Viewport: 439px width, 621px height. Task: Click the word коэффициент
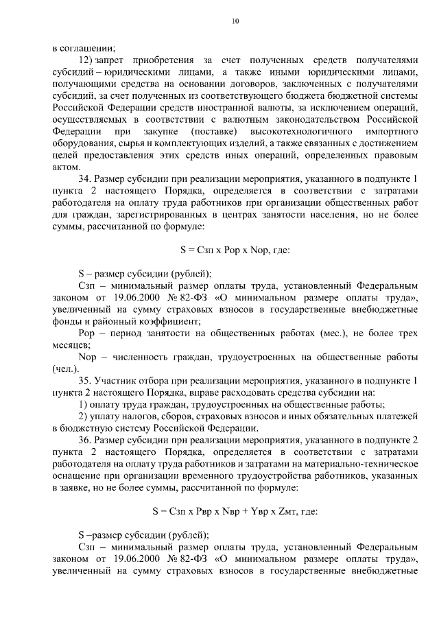coord(152,320)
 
